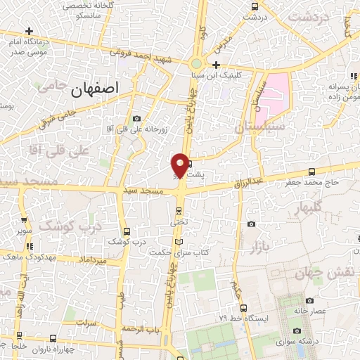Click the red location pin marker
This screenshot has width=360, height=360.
pyautogui.click(x=181, y=165)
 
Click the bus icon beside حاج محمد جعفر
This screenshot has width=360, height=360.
pyautogui.click(x=311, y=172)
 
